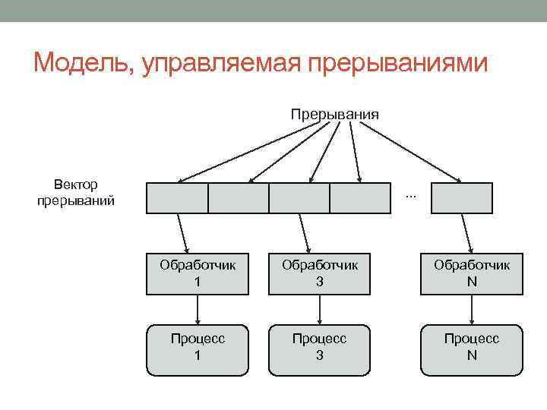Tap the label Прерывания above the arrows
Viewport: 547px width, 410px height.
coord(334,115)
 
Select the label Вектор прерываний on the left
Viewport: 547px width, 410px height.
coord(76,193)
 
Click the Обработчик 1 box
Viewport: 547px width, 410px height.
coord(198,273)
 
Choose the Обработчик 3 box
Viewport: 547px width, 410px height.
coord(319,273)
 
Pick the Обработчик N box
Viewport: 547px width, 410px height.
coord(472,273)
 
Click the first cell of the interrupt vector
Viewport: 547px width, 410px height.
coord(176,198)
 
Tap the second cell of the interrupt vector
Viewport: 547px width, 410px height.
coord(238,198)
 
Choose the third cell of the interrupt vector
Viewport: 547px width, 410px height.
coord(299,198)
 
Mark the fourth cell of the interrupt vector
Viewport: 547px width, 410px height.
coord(361,198)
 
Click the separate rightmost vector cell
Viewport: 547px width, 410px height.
coord(467,198)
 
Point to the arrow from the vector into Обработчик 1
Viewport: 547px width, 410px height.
coord(183,232)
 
